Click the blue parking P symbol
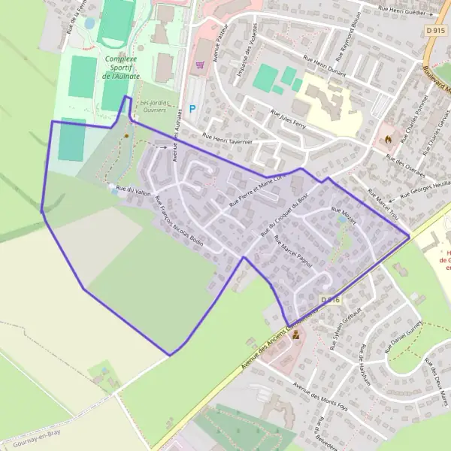(192, 108)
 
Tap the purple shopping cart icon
(199, 65)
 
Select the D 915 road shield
(435, 31)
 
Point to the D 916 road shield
(331, 300)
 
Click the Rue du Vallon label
(135, 190)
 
